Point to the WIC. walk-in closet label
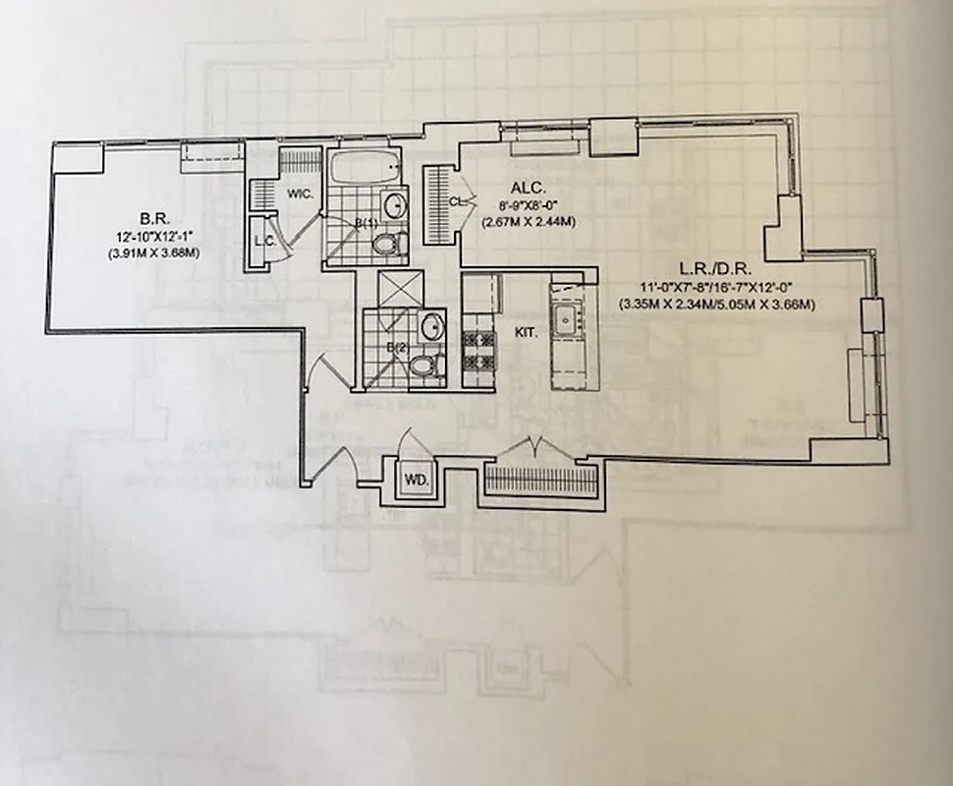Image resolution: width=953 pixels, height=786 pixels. pos(300,194)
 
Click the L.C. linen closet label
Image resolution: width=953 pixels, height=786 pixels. pos(263,241)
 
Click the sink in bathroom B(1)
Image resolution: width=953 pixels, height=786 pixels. pos(394,206)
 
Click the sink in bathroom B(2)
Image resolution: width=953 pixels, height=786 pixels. pos(430,326)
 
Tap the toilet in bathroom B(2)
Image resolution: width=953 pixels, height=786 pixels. pos(422,366)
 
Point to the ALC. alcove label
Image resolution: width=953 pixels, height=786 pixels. pos(522,189)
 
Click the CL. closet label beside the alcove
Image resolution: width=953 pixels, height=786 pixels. pos(455,201)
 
